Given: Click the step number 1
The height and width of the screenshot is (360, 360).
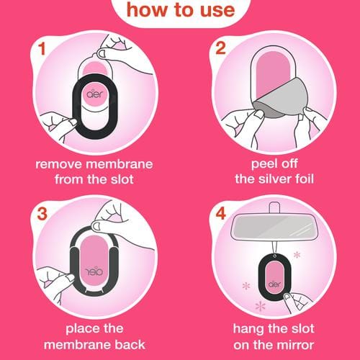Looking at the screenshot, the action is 42,49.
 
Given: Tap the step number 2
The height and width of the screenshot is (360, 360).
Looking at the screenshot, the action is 221,48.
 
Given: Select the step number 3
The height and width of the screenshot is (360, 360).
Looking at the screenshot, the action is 42,213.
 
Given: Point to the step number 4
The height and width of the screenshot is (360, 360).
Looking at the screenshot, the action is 221,213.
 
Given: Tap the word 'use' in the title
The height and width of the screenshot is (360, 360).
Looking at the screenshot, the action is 217,11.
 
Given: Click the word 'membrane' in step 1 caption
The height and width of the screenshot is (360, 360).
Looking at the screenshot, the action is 120,164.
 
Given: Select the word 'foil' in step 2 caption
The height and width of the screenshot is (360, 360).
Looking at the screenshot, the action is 304,179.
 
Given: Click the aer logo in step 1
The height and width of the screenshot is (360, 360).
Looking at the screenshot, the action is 94,94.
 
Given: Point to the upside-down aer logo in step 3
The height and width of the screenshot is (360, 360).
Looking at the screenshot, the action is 94,271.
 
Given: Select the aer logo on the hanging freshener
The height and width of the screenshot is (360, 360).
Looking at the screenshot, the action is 274,284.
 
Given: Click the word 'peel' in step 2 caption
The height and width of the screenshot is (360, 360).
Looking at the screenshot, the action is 264,165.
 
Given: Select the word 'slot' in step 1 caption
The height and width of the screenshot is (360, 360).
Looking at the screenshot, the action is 122,179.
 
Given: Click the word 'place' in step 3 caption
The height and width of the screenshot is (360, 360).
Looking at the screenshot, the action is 80,329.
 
